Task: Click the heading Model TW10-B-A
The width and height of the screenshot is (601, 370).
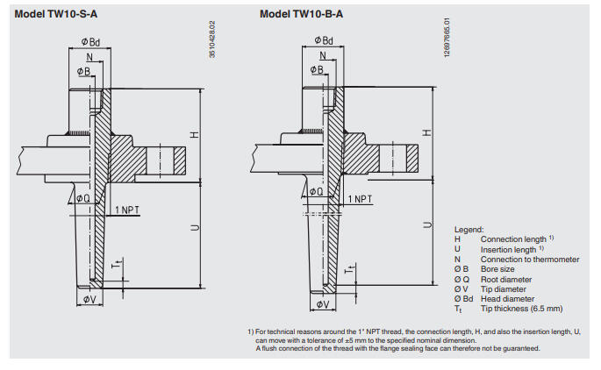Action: pyautogui.click(x=302, y=14)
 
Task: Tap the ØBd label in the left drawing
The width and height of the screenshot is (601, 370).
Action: pyautogui.click(x=90, y=41)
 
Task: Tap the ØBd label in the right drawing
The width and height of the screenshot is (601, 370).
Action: pyautogui.click(x=324, y=40)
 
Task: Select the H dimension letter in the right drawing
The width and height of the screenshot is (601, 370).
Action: pyautogui.click(x=427, y=132)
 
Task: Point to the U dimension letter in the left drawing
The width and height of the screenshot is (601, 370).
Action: pyautogui.click(x=195, y=228)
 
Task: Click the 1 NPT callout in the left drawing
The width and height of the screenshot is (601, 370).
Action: pyautogui.click(x=128, y=210)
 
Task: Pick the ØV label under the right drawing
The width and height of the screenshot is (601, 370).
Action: pyautogui.click(x=322, y=305)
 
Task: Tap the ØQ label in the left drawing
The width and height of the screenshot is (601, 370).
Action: pyautogui.click(x=82, y=199)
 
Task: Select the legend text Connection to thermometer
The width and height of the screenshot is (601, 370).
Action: pyautogui.click(x=529, y=259)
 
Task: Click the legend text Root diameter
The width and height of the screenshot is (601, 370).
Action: pyautogui.click(x=506, y=278)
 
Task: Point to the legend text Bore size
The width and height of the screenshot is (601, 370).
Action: pyautogui.click(x=497, y=268)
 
